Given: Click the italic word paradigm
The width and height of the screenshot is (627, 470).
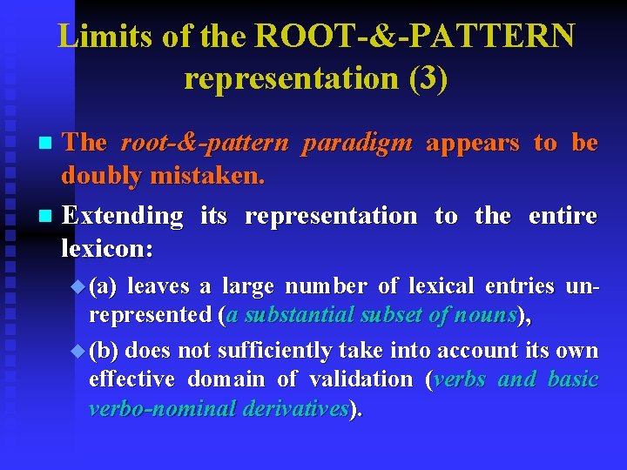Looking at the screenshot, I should (356, 142).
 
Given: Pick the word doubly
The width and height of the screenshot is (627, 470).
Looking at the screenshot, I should (101, 176).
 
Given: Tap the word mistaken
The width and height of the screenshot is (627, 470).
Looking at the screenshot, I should (207, 176).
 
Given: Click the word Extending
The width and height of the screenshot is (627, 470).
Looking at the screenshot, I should (123, 214).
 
